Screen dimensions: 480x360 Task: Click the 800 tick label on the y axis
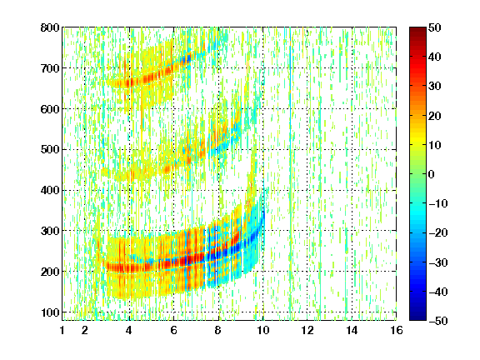[x=50, y=27]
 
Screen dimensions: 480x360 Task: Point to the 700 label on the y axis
[x=50, y=68]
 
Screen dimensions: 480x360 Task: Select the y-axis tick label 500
[x=50, y=150]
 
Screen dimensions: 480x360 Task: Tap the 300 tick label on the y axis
[x=50, y=231]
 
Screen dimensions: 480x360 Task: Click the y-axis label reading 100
[x=50, y=312]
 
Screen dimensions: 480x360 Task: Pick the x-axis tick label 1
[x=62, y=330]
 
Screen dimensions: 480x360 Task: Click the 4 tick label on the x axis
[x=129, y=330]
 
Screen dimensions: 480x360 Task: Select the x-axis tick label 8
[x=218, y=330]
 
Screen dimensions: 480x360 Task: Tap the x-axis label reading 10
[x=262, y=330]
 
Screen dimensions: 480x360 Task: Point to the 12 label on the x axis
[x=307, y=330]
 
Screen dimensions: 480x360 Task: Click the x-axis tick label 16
[x=397, y=330]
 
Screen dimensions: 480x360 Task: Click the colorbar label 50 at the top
[x=435, y=27]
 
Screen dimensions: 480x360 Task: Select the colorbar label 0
[x=432, y=174]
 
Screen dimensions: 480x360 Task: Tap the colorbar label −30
[x=438, y=262]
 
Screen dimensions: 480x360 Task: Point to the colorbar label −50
[x=438, y=321]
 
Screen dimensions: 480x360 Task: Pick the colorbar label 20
[x=435, y=116]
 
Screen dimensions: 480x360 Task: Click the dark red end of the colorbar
[x=417, y=29]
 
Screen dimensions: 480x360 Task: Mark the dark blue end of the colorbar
[x=417, y=318]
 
